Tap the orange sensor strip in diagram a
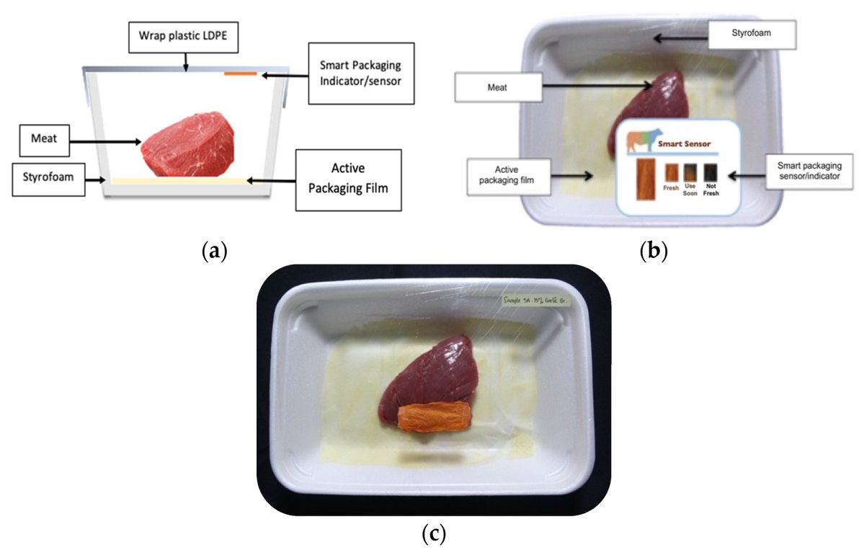(240, 74)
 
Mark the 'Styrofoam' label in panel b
(752, 35)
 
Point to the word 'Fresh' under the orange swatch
(670, 188)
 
